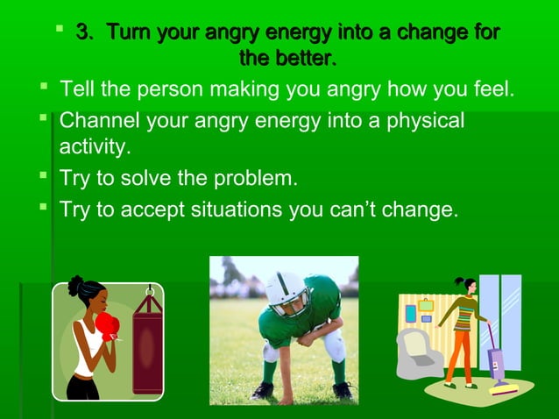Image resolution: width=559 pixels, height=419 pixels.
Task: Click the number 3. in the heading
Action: click(84, 34)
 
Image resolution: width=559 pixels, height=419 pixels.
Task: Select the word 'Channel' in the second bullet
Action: click(99, 120)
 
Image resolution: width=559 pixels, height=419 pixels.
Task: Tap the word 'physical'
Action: click(420, 120)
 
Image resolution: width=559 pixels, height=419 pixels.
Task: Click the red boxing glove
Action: click(107, 326)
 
